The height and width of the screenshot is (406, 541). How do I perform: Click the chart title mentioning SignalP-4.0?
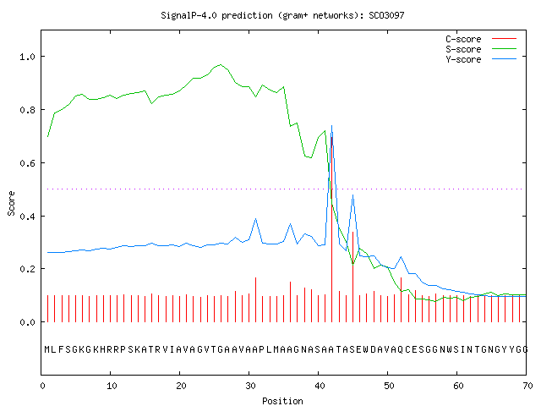pyautogui.click(x=282, y=15)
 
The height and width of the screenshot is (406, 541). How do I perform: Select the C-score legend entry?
pyautogui.click(x=481, y=39)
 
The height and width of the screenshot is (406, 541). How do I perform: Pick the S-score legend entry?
pyautogui.click(x=481, y=49)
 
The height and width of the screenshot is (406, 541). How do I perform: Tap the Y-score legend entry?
pyautogui.click(x=481, y=59)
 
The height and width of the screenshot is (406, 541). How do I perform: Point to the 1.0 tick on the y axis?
pyautogui.click(x=28, y=57)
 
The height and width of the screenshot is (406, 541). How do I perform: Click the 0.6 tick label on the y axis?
pyautogui.click(x=28, y=163)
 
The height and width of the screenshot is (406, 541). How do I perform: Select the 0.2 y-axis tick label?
pyautogui.click(x=28, y=269)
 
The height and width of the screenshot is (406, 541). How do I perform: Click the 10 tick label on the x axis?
pyautogui.click(x=112, y=386)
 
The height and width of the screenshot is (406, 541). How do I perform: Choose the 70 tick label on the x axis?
pyautogui.click(x=527, y=386)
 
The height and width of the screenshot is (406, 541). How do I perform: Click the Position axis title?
pyautogui.click(x=282, y=401)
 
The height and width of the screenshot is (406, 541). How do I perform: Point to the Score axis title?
pyautogui.click(x=11, y=203)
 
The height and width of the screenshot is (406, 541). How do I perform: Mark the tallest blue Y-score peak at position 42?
pyautogui.click(x=332, y=126)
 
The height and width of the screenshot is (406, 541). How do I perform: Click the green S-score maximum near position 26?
pyautogui.click(x=221, y=64)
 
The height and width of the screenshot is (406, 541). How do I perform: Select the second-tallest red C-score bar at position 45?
pyautogui.click(x=352, y=277)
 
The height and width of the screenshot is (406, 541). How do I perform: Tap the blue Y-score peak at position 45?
pyautogui.click(x=352, y=195)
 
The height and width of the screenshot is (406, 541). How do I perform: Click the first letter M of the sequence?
pyautogui.click(x=47, y=349)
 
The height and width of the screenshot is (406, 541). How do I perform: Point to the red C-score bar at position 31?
pyautogui.click(x=255, y=299)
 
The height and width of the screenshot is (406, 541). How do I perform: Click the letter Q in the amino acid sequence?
pyautogui.click(x=401, y=349)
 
